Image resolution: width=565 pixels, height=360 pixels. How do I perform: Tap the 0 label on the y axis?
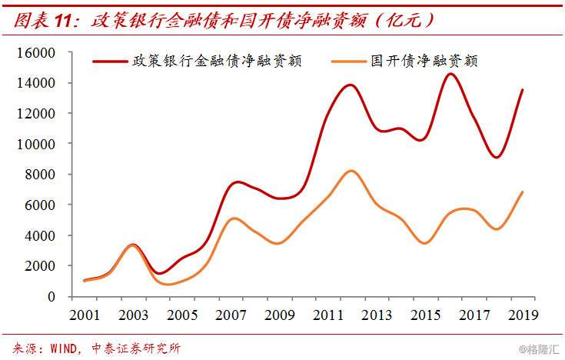tap(52, 296)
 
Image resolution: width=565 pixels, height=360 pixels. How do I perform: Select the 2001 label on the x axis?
tap(85, 315)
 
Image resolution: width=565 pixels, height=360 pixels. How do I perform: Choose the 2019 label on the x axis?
tap(522, 315)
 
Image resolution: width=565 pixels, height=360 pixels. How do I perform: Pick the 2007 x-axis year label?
tap(231, 315)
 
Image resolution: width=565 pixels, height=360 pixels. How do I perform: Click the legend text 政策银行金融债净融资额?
tap(217, 61)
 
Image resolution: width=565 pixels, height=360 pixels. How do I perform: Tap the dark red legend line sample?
tap(110, 61)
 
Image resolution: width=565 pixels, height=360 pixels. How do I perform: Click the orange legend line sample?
tap(348, 61)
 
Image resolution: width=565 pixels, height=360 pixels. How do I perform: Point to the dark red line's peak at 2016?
tap(450, 74)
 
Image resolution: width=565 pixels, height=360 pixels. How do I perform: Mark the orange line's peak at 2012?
tap(351, 171)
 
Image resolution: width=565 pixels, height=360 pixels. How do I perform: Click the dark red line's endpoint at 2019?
tap(523, 90)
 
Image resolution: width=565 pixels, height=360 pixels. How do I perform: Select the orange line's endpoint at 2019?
tap(523, 192)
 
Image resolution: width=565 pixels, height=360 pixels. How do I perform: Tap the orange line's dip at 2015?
tap(425, 243)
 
